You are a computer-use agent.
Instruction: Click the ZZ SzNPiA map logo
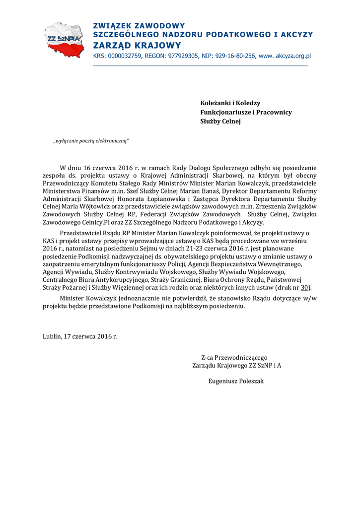pos(64,39)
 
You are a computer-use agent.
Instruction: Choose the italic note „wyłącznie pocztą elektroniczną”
pos(91,141)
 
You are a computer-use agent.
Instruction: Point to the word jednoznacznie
pos(144,298)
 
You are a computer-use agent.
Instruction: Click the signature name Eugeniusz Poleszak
pos(236,381)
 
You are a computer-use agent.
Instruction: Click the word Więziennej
pos(133,287)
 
